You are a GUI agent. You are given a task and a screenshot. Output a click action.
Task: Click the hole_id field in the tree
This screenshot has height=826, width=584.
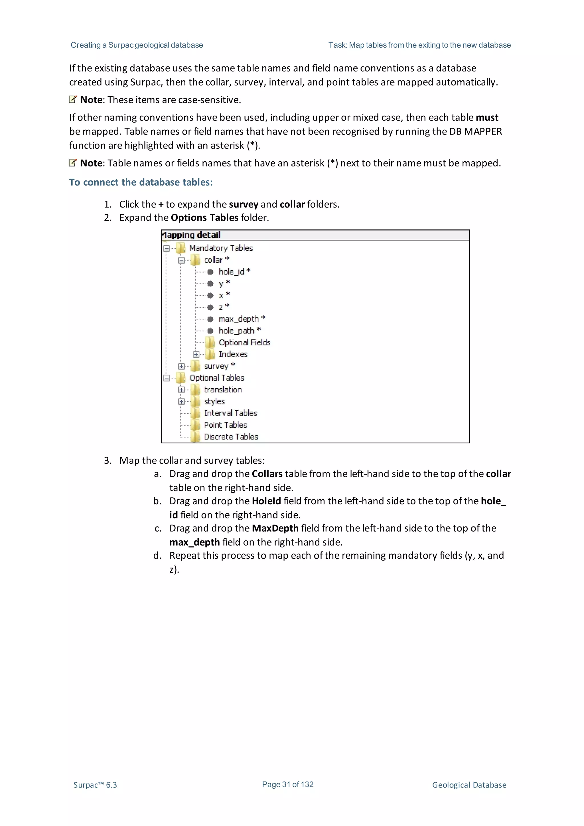[231, 272]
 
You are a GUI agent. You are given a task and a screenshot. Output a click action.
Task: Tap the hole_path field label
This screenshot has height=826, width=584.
[236, 331]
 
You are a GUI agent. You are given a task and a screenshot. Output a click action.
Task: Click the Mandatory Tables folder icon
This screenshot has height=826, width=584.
[181, 248]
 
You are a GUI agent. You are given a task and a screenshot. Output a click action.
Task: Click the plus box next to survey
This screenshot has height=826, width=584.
[181, 366]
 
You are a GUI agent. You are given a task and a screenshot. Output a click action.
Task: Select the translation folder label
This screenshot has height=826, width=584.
[223, 390]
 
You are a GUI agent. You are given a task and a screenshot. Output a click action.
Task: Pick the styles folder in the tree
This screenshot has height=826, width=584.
[214, 402]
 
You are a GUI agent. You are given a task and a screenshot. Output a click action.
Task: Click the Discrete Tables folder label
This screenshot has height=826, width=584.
[231, 437]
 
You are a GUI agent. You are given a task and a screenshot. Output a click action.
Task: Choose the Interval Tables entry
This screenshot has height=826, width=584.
[230, 413]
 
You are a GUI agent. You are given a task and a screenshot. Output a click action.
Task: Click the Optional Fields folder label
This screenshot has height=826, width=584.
[244, 343]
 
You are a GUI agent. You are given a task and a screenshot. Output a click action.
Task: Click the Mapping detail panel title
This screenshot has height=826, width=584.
[191, 235]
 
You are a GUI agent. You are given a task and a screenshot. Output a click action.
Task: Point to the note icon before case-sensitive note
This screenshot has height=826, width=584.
[73, 100]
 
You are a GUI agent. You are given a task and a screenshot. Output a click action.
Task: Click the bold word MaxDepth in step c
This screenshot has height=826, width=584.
[275, 528]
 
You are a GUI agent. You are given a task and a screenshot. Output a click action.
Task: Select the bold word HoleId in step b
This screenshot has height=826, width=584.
[266, 501]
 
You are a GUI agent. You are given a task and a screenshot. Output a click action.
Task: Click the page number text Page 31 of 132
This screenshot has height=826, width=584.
[287, 784]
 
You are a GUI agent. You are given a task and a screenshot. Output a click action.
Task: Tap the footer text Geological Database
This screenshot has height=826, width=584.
[469, 785]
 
